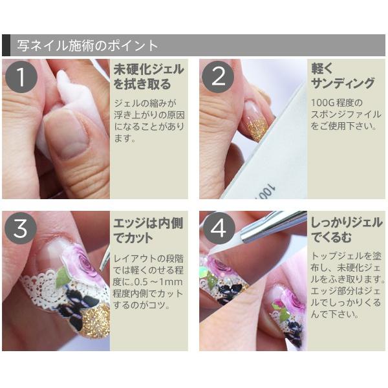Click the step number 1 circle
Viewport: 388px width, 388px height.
(x=21, y=77)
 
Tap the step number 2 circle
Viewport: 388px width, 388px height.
(x=218, y=77)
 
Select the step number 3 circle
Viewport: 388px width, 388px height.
(x=21, y=228)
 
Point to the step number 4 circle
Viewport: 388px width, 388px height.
(x=219, y=228)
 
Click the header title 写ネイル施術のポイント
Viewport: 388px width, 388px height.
(x=87, y=45)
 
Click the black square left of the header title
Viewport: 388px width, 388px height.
(x=6, y=45)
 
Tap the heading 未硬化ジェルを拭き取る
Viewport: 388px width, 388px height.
(x=149, y=76)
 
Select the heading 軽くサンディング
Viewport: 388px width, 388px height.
(x=343, y=76)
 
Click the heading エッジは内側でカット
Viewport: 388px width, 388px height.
(x=148, y=230)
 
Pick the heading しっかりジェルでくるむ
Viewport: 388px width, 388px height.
(x=347, y=230)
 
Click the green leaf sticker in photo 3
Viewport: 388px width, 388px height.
(x=63, y=277)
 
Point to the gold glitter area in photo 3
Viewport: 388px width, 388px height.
(x=96, y=321)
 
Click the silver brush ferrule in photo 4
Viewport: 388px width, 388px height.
(x=274, y=224)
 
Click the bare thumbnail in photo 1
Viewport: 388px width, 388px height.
(x=67, y=135)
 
